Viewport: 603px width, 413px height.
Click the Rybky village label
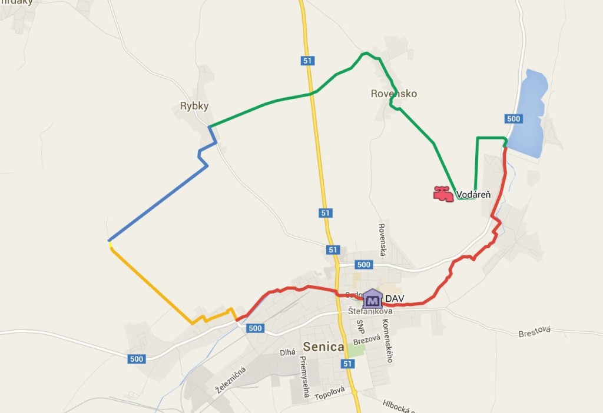(x=194, y=106)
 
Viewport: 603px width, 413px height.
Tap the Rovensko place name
(x=394, y=94)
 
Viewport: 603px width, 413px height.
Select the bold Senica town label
(x=323, y=347)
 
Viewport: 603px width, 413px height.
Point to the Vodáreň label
(x=474, y=194)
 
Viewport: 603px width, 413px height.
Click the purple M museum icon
(x=372, y=299)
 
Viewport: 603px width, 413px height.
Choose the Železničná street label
(x=230, y=379)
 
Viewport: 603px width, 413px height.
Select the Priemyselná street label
(x=305, y=377)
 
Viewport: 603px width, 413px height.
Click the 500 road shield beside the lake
(x=513, y=119)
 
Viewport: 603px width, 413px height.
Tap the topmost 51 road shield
(x=307, y=61)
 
